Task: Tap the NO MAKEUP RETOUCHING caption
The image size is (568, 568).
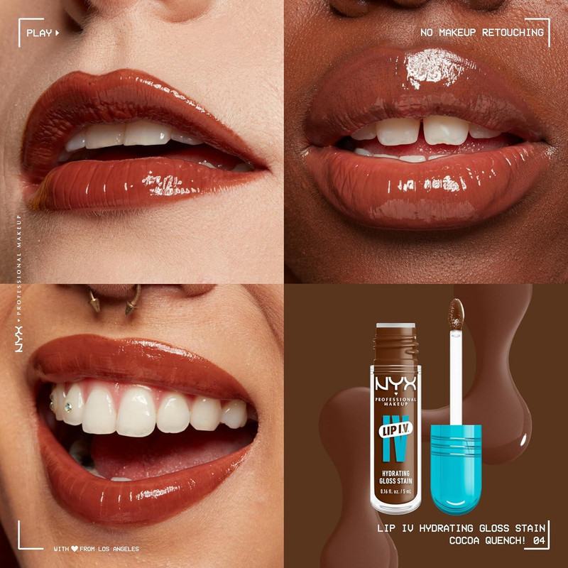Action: (481, 33)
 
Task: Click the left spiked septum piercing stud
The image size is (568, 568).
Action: (93, 303)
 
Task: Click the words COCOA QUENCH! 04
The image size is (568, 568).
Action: (498, 540)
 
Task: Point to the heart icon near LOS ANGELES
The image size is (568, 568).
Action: (74, 548)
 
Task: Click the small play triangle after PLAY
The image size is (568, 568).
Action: (57, 33)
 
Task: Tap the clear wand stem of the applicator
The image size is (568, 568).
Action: (456, 376)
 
